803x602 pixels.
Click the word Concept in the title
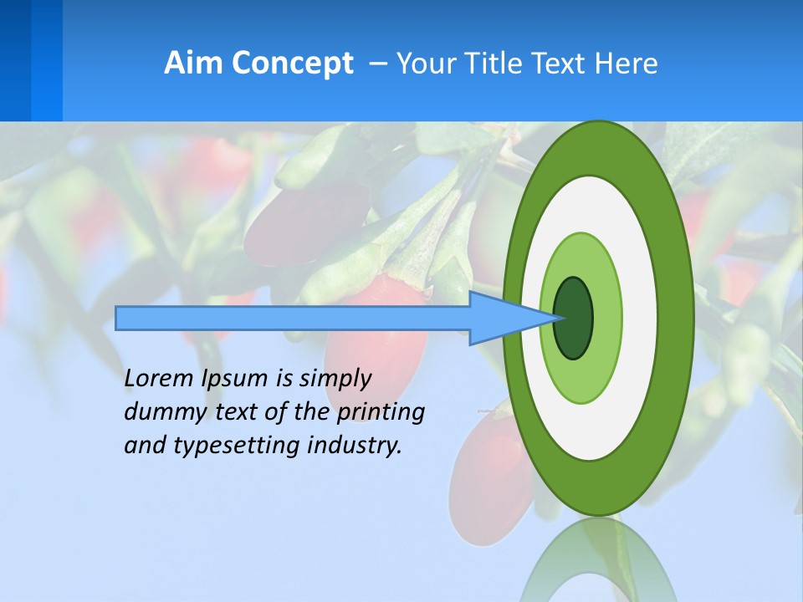click(x=294, y=64)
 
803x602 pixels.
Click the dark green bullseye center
click(x=573, y=318)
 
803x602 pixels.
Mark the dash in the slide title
click(x=377, y=64)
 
